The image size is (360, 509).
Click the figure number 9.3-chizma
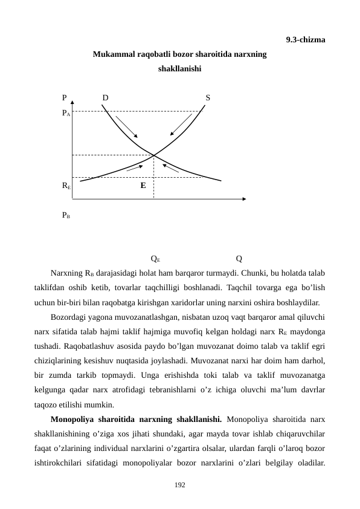point(305,41)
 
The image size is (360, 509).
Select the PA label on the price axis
point(66,112)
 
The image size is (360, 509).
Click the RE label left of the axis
point(66,186)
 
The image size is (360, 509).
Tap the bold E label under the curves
point(143,186)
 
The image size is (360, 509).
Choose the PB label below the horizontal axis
point(66,215)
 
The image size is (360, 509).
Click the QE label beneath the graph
point(155,259)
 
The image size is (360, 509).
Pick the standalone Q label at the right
point(239,259)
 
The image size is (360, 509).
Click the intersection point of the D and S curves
point(153,155)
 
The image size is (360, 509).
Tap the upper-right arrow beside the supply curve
point(181,125)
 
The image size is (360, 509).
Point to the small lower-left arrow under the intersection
point(135,167)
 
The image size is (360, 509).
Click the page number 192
point(179,485)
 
